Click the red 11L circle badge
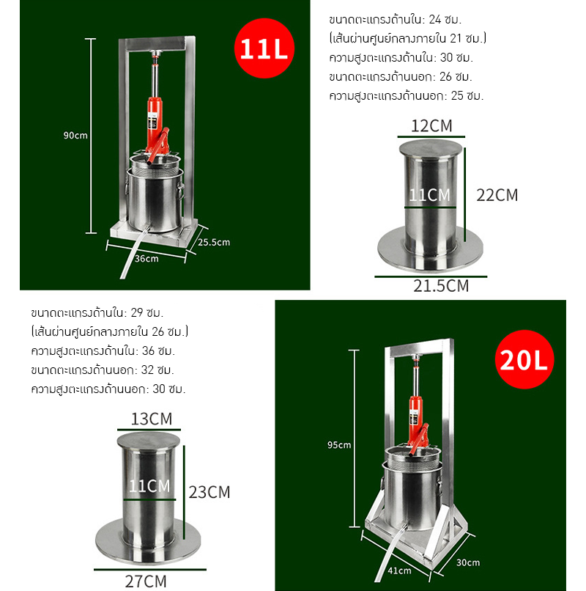264,50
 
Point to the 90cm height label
75,135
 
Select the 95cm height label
340,444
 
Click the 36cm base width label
147,258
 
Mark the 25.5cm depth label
215,242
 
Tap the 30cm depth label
467,562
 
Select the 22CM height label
497,194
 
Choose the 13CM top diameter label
151,419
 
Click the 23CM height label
209,492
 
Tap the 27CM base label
146,582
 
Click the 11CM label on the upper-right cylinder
429,194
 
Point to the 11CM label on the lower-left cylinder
149,485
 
